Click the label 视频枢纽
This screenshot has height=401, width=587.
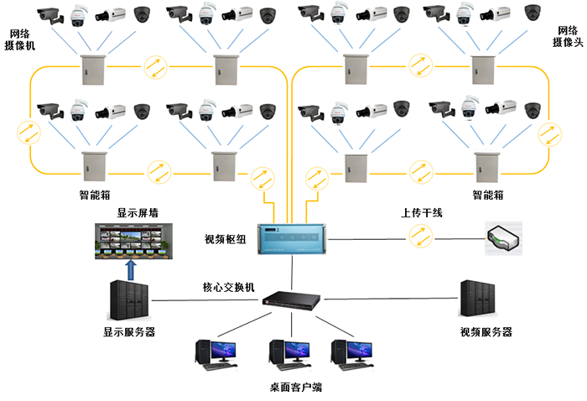pyautogui.click(x=225, y=239)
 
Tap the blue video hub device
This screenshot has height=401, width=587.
pyautogui.click(x=292, y=239)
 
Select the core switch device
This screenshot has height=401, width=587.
pyautogui.click(x=291, y=300)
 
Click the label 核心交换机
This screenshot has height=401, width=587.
pyautogui.click(x=228, y=287)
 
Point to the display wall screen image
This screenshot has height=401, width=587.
pyautogui.click(x=133, y=241)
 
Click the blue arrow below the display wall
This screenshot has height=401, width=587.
pyautogui.click(x=131, y=270)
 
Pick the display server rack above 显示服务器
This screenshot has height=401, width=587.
pyautogui.click(x=129, y=300)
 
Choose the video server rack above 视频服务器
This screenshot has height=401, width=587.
pyautogui.click(x=478, y=299)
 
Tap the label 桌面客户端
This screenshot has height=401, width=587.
pyautogui.click(x=296, y=387)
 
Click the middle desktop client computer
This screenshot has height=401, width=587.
pyautogui.click(x=290, y=354)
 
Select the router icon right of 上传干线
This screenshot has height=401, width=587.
pyautogui.click(x=503, y=238)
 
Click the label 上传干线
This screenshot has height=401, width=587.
pyautogui.click(x=422, y=213)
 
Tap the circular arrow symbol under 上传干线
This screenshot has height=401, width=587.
pyautogui.click(x=420, y=236)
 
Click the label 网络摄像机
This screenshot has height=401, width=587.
pyautogui.click(x=19, y=39)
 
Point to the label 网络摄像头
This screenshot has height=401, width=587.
pyautogui.click(x=568, y=36)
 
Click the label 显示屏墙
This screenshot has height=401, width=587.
pyautogui.click(x=138, y=213)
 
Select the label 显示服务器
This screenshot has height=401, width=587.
pyautogui.click(x=129, y=331)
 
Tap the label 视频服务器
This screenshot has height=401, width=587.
pyautogui.click(x=486, y=331)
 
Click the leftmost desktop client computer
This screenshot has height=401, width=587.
pyautogui.click(x=216, y=355)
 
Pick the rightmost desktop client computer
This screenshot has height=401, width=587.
pyautogui.click(x=352, y=355)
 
